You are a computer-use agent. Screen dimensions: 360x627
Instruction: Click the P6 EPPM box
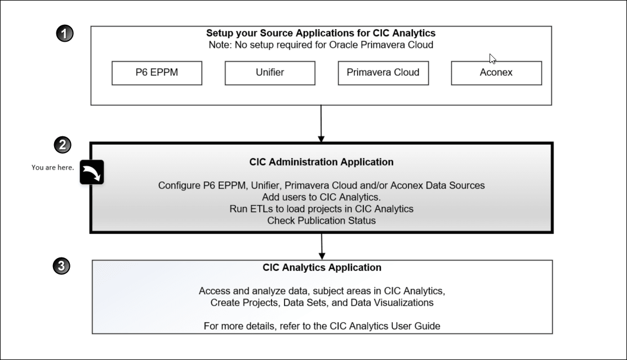click(x=157, y=73)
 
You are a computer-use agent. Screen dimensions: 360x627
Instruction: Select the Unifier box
click(x=270, y=73)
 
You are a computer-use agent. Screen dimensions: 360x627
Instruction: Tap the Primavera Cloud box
click(x=383, y=73)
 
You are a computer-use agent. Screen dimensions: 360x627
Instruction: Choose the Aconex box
click(x=496, y=73)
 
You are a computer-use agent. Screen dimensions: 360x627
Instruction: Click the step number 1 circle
click(x=65, y=34)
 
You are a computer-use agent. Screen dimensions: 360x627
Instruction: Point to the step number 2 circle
click(x=62, y=145)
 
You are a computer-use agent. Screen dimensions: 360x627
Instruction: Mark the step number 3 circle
click(x=61, y=266)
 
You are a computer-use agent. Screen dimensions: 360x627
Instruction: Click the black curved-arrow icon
click(x=92, y=172)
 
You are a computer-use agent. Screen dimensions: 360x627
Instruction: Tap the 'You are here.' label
click(x=53, y=167)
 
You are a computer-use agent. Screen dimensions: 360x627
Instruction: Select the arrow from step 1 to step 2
click(x=321, y=124)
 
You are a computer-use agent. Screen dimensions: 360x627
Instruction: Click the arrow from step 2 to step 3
click(x=322, y=246)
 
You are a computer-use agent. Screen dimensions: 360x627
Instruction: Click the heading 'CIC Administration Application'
click(x=321, y=162)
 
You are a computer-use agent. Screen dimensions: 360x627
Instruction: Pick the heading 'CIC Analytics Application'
click(x=322, y=268)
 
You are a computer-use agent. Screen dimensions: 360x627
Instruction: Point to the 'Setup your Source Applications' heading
click(x=321, y=33)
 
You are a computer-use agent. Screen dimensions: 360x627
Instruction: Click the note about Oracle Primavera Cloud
click(x=321, y=45)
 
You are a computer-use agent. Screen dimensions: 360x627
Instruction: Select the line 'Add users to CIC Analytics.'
click(x=321, y=197)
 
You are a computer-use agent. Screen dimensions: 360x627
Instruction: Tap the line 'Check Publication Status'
click(x=321, y=220)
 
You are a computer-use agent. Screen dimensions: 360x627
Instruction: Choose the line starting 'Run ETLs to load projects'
click(x=321, y=209)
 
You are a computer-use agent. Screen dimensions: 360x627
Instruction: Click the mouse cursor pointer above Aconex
click(x=492, y=59)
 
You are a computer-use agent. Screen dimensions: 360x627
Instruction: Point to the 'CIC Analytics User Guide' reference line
click(x=322, y=326)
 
